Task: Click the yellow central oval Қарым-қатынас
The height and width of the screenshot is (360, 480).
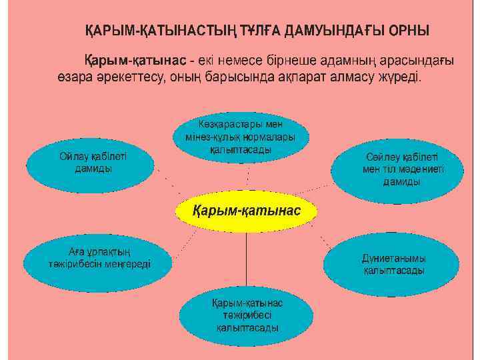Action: [247, 211]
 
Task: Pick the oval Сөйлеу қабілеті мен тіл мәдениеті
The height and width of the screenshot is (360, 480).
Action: [396, 169]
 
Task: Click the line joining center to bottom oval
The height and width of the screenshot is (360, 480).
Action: [247, 260]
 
